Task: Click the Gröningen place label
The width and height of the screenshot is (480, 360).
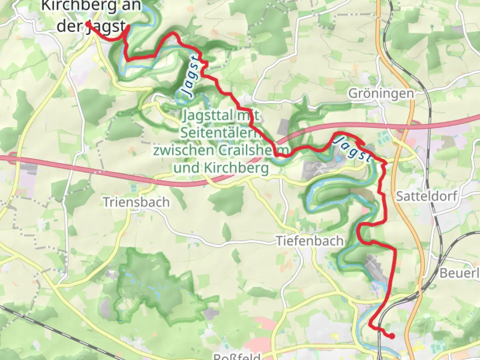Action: click(x=381, y=93)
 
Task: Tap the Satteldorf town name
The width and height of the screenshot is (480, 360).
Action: click(x=426, y=196)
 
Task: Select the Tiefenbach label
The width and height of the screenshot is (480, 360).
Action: click(x=310, y=241)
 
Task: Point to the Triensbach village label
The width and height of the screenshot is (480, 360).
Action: click(x=136, y=202)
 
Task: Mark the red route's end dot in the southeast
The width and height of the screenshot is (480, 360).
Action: click(x=392, y=336)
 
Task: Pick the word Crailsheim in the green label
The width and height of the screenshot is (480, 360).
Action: click(x=253, y=150)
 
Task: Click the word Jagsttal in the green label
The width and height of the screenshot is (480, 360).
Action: click(x=208, y=115)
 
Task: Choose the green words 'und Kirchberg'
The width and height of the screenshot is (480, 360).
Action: click(x=221, y=168)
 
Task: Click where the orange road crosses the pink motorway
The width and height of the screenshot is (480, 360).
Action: click(x=404, y=125)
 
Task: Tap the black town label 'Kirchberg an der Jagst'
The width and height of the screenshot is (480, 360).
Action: click(x=91, y=16)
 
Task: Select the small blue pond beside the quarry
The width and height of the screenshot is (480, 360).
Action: click(x=338, y=159)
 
